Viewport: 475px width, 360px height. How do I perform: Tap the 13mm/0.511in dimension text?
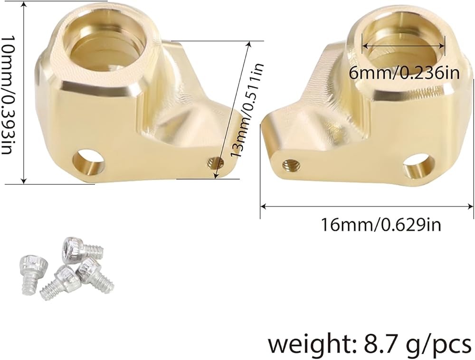click(x=247, y=110)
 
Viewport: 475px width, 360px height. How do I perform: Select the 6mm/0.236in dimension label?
click(x=404, y=73)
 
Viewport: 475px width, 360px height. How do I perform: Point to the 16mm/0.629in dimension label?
click(x=380, y=225)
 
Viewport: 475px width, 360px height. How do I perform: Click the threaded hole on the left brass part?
click(x=215, y=164)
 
